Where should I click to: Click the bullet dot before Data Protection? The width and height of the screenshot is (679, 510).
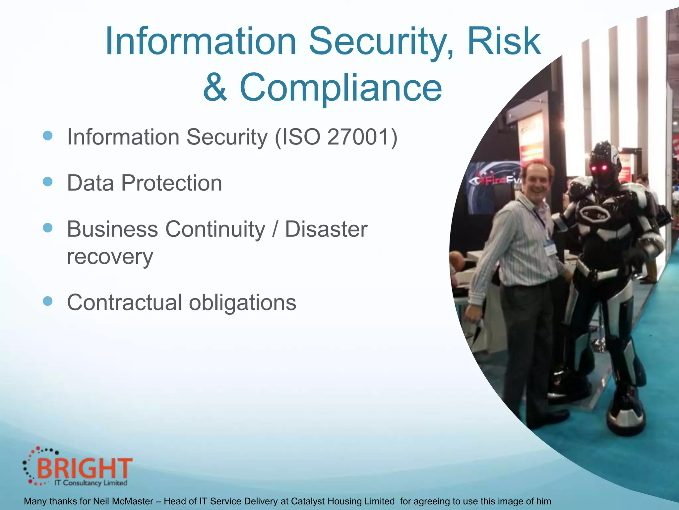(48, 182)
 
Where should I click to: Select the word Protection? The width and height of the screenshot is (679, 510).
(171, 183)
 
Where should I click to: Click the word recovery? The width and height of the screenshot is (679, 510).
(110, 257)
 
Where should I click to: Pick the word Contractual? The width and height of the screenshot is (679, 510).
(125, 302)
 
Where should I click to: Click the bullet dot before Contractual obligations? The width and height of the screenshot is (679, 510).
(48, 301)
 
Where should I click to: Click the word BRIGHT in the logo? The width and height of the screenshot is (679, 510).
(85, 468)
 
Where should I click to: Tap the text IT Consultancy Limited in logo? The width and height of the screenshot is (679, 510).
(91, 483)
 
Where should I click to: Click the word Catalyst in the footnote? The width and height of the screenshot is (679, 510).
(305, 501)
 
